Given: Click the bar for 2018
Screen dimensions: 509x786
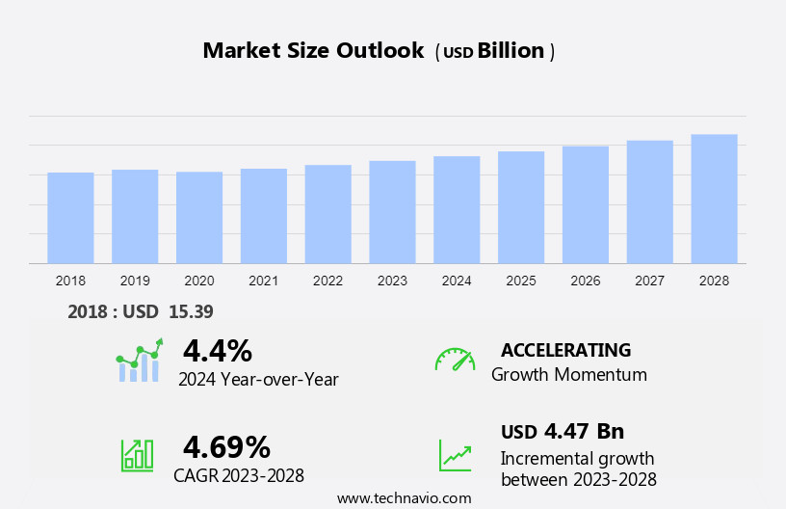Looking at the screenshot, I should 70,218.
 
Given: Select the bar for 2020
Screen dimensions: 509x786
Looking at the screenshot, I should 199,218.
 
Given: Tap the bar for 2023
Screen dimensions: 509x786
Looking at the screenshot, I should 392,212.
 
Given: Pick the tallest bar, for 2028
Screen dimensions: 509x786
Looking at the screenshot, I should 714,199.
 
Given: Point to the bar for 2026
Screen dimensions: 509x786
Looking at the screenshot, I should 586,204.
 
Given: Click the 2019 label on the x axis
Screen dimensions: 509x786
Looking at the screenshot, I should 135,281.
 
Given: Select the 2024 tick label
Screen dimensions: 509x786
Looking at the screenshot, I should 457,281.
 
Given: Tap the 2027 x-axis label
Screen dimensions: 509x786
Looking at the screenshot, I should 649,281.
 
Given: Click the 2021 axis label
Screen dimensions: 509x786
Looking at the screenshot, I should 263,281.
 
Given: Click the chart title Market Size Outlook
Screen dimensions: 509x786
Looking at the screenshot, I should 313,51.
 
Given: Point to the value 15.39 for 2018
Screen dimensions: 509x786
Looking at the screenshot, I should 192,311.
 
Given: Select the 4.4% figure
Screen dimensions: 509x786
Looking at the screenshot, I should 218,350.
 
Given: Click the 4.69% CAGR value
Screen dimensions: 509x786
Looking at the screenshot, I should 226,446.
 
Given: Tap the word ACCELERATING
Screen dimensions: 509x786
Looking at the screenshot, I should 565,350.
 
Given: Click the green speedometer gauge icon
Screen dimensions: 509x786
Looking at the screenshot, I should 455,360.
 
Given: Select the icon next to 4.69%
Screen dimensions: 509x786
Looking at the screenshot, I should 137,454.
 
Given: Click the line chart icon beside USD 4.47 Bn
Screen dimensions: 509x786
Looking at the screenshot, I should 455,455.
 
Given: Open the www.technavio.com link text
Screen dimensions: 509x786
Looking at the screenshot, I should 404,497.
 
